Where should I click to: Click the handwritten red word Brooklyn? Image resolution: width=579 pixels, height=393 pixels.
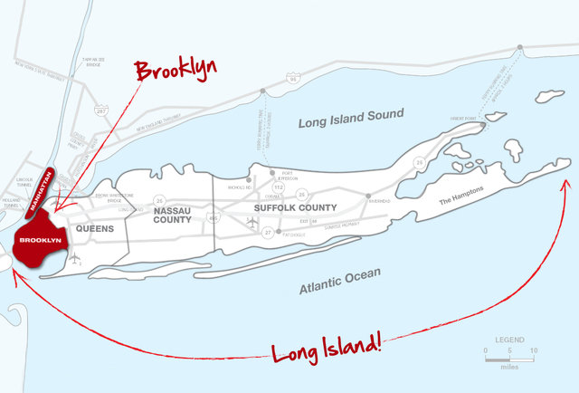click(175, 70)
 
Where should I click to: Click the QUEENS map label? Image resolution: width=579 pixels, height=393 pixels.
click(95, 229)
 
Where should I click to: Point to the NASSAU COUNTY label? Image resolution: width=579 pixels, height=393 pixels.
click(173, 215)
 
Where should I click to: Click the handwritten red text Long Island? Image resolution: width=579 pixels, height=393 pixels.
click(326, 347)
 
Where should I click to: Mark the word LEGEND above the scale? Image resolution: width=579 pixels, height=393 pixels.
click(509, 339)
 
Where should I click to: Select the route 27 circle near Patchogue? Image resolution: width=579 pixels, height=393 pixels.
click(268, 233)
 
